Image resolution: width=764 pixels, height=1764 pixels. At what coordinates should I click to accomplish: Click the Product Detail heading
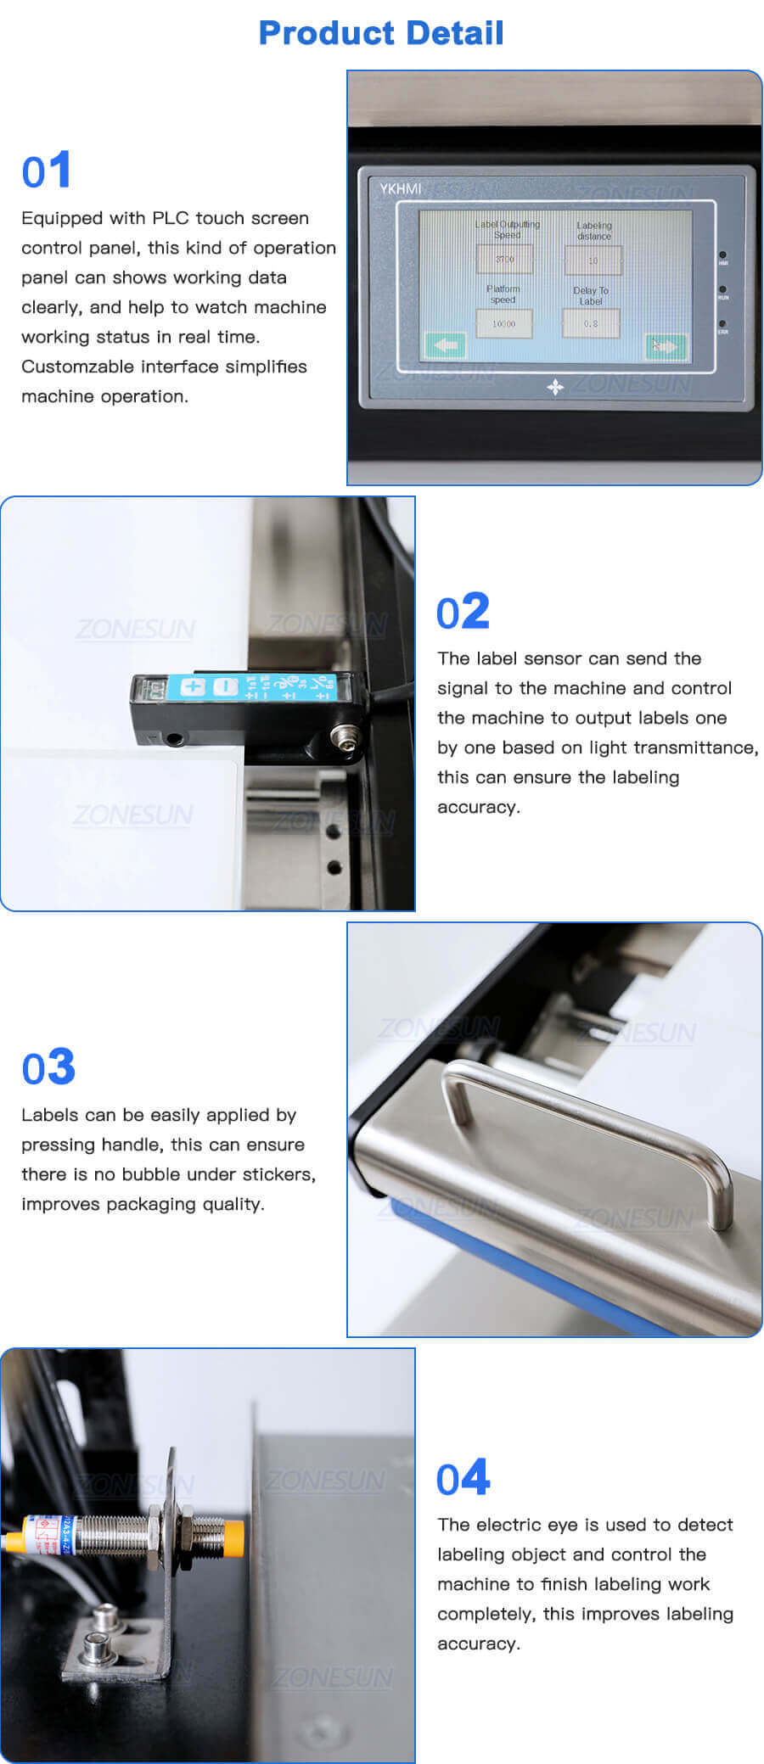(x=381, y=33)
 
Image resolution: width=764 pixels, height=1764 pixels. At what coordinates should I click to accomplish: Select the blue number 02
(x=463, y=612)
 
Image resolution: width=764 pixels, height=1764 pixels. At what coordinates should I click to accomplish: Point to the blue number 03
(x=48, y=1067)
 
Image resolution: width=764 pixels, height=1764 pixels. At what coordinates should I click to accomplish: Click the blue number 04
(x=463, y=1478)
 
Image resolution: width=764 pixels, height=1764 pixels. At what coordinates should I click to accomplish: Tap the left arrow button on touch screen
(x=445, y=345)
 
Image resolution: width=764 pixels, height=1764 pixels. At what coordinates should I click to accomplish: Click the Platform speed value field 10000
(x=503, y=323)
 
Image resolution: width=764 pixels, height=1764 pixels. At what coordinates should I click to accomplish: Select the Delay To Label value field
(x=591, y=323)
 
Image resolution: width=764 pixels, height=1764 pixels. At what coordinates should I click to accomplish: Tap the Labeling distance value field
(x=593, y=260)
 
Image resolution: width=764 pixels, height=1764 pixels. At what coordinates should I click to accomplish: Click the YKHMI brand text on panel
(x=400, y=188)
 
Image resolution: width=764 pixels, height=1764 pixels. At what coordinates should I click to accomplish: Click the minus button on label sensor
(x=225, y=686)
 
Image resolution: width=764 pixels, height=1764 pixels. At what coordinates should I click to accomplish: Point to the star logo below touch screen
(x=555, y=387)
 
